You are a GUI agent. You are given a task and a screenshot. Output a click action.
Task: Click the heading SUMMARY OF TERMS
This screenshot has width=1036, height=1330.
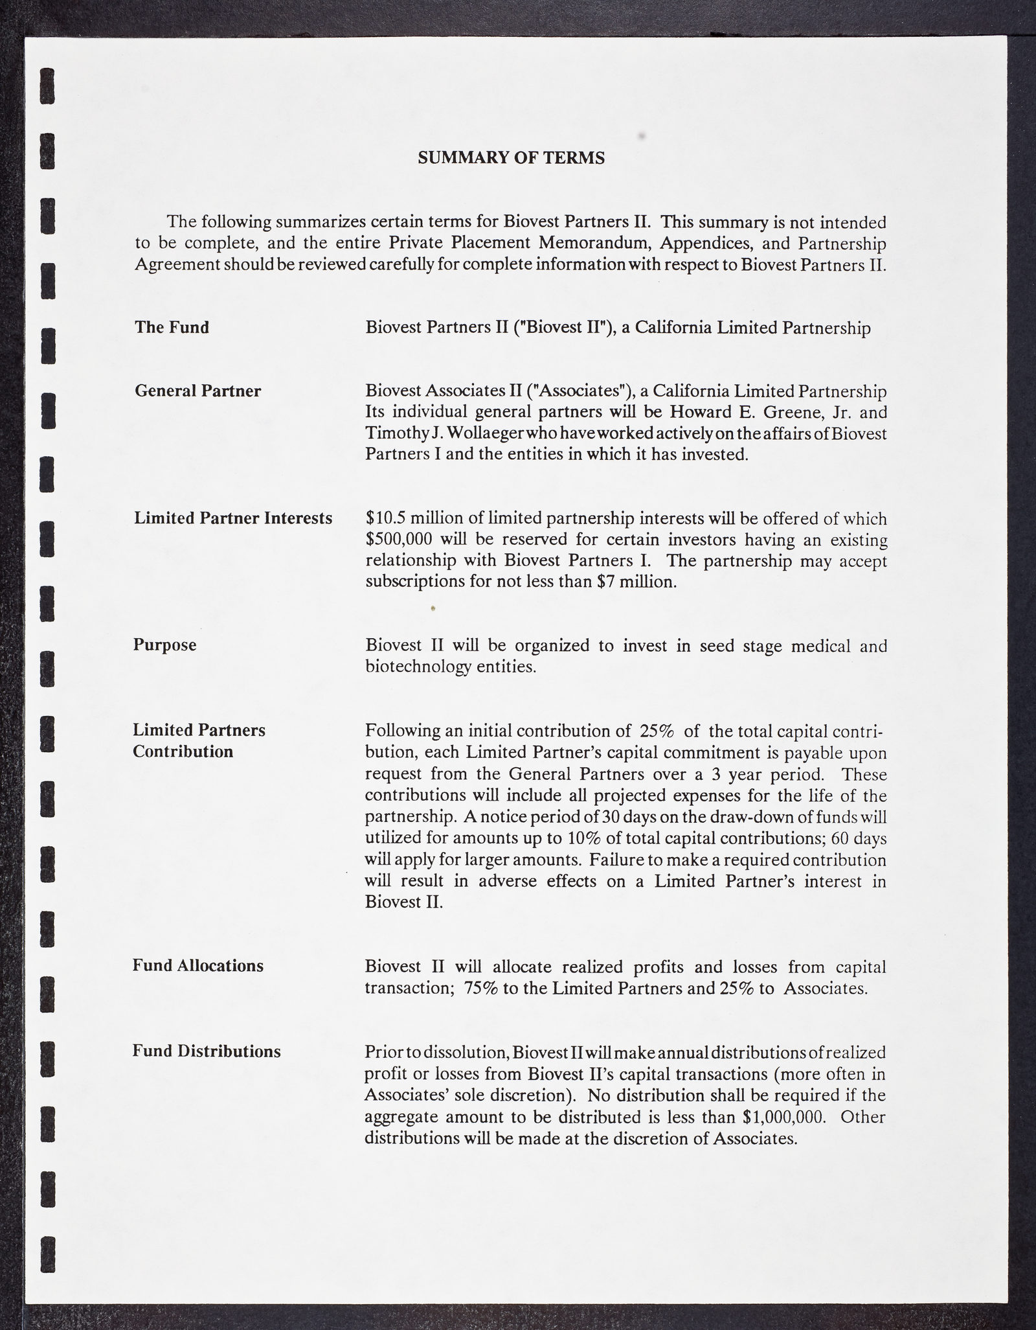coord(511,158)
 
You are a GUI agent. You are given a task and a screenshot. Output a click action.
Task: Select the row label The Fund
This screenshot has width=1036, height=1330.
coord(172,327)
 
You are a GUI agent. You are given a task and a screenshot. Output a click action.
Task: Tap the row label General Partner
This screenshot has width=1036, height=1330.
coord(197,391)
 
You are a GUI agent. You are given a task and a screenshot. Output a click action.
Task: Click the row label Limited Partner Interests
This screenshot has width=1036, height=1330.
coord(233,518)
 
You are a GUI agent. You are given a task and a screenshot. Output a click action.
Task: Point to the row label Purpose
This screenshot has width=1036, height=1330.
coord(164,645)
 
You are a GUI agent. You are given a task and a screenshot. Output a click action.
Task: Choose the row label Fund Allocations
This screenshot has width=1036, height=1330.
coord(198,966)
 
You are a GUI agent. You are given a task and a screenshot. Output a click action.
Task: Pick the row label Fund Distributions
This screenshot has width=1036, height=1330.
coord(207,1051)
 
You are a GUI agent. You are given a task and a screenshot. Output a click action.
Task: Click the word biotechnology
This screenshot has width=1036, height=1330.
coord(418,667)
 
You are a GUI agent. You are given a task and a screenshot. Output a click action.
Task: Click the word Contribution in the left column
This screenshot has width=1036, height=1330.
coord(183,751)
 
